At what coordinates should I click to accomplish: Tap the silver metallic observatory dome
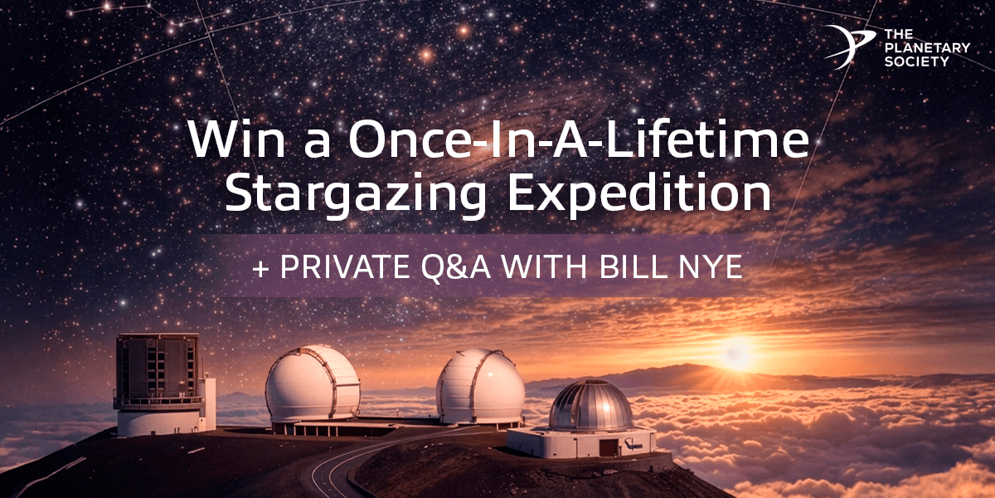591,407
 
